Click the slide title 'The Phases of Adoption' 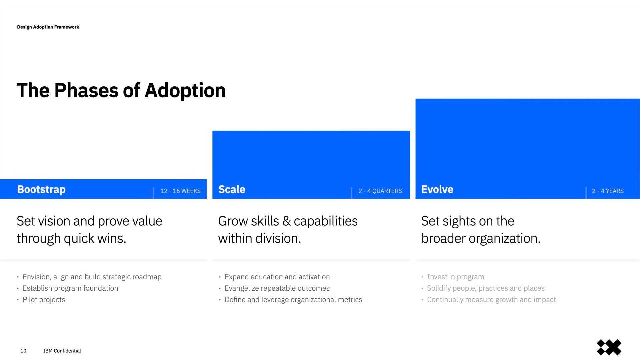coord(121,91)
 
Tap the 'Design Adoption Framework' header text coord(48,27)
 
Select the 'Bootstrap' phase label coord(41,190)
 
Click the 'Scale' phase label coord(232,189)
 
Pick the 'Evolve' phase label coord(437,189)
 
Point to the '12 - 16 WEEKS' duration coord(180,191)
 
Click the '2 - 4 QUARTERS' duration coord(380,191)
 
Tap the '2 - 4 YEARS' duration coord(608,191)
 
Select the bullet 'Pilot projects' coord(44,300)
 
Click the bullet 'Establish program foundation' coord(70,288)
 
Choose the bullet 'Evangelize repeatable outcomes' coord(277,288)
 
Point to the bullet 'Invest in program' coord(455,277)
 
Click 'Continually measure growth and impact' coord(491,300)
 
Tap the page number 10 coord(23,351)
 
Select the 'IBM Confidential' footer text coord(62,351)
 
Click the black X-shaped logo coord(609,347)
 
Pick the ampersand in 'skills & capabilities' coord(286,221)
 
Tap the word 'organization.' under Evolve coord(504,239)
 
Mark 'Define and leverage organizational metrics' coord(293,300)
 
